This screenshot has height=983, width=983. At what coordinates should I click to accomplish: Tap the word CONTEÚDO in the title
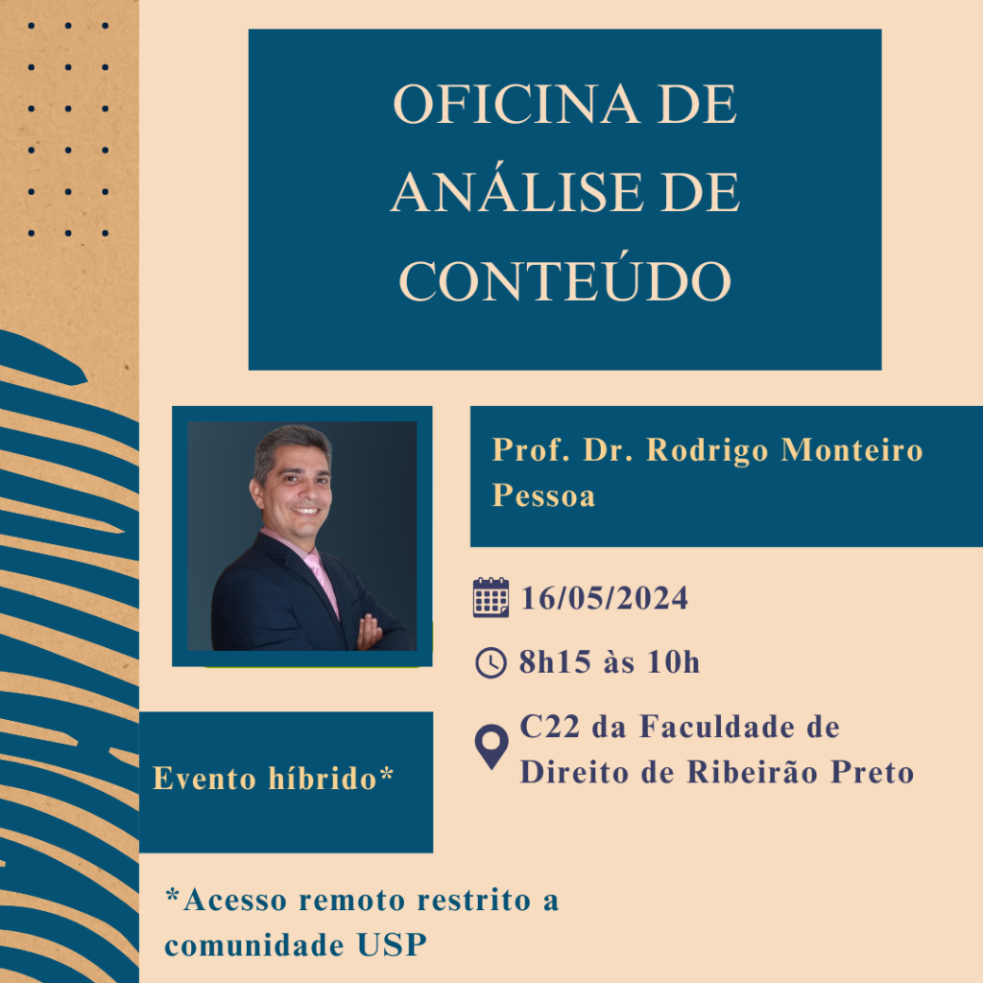(564, 280)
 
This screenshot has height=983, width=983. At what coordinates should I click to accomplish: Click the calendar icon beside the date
(491, 597)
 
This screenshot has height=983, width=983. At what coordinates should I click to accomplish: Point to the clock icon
(491, 662)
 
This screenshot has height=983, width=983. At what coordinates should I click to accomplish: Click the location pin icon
(491, 747)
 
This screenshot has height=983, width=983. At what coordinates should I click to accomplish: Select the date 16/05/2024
(605, 598)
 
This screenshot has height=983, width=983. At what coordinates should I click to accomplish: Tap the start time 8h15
(555, 662)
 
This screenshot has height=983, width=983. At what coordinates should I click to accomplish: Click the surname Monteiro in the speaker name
(852, 449)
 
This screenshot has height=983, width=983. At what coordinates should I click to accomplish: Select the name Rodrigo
(707, 451)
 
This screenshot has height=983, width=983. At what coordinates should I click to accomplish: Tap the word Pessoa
(543, 495)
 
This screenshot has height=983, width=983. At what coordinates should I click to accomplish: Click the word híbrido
(323, 779)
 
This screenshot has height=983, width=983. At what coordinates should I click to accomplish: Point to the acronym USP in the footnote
(392, 946)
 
